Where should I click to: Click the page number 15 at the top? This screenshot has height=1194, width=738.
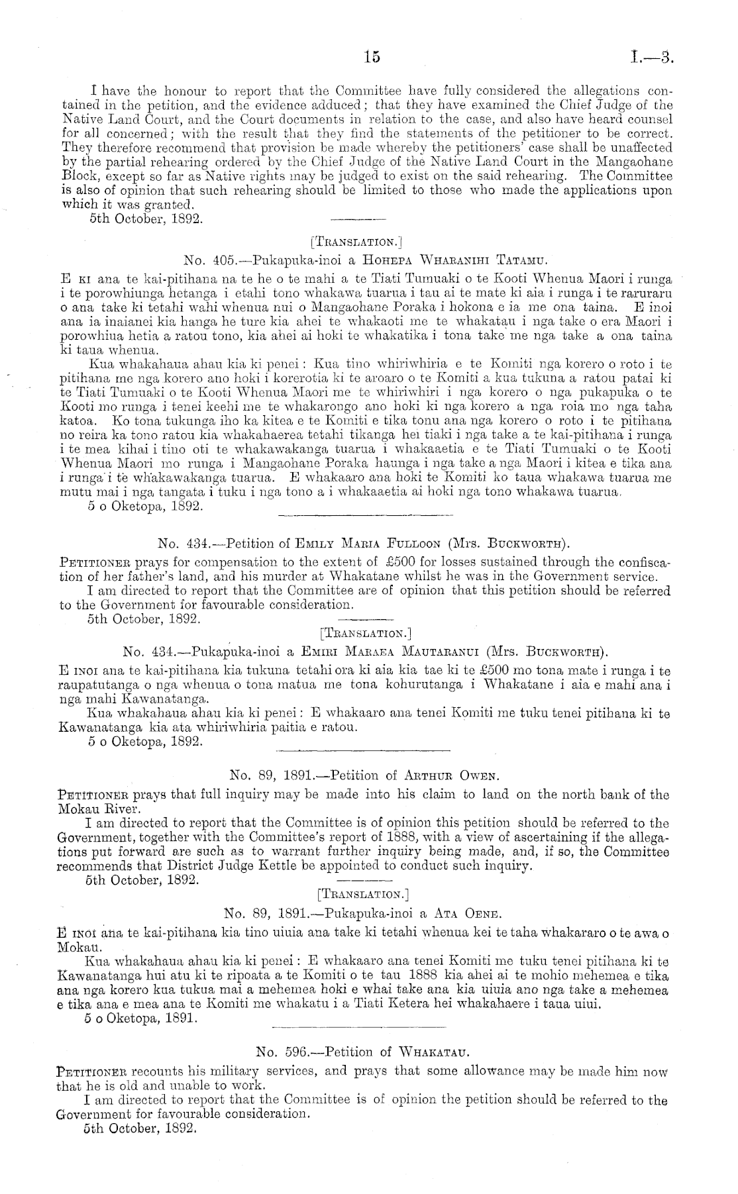(372, 57)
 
